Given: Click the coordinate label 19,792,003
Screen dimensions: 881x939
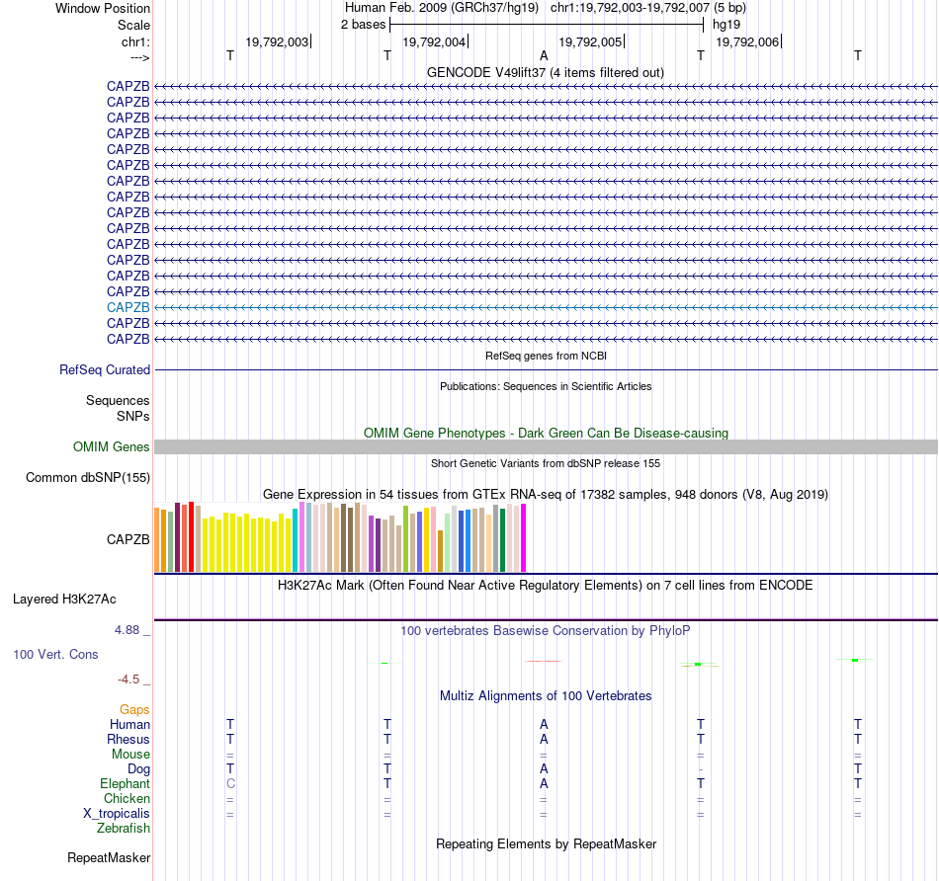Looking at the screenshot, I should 277,42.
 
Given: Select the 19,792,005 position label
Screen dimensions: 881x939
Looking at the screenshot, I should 590,42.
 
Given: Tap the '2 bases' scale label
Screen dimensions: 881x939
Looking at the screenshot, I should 363,25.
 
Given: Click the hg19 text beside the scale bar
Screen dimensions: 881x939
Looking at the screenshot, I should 726,25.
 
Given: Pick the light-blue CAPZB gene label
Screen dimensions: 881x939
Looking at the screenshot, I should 128,307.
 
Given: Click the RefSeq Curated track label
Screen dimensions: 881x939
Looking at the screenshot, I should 105,370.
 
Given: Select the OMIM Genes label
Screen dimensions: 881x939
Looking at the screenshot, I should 112,447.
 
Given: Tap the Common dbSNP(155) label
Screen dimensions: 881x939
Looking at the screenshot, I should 88,478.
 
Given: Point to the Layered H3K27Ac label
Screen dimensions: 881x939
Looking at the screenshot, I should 64,599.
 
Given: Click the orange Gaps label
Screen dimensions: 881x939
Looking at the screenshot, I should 134,709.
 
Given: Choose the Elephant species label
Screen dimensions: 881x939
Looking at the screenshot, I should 126,783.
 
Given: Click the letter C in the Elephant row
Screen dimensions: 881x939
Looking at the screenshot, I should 230,783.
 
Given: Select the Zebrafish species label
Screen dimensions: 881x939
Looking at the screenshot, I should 124,829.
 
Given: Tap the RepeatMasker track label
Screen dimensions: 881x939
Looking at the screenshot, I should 109,857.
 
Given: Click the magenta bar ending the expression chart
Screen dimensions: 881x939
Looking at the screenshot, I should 523,538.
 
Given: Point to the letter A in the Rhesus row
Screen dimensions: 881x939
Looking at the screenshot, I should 544,739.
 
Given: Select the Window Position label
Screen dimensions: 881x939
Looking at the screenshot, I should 103,8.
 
